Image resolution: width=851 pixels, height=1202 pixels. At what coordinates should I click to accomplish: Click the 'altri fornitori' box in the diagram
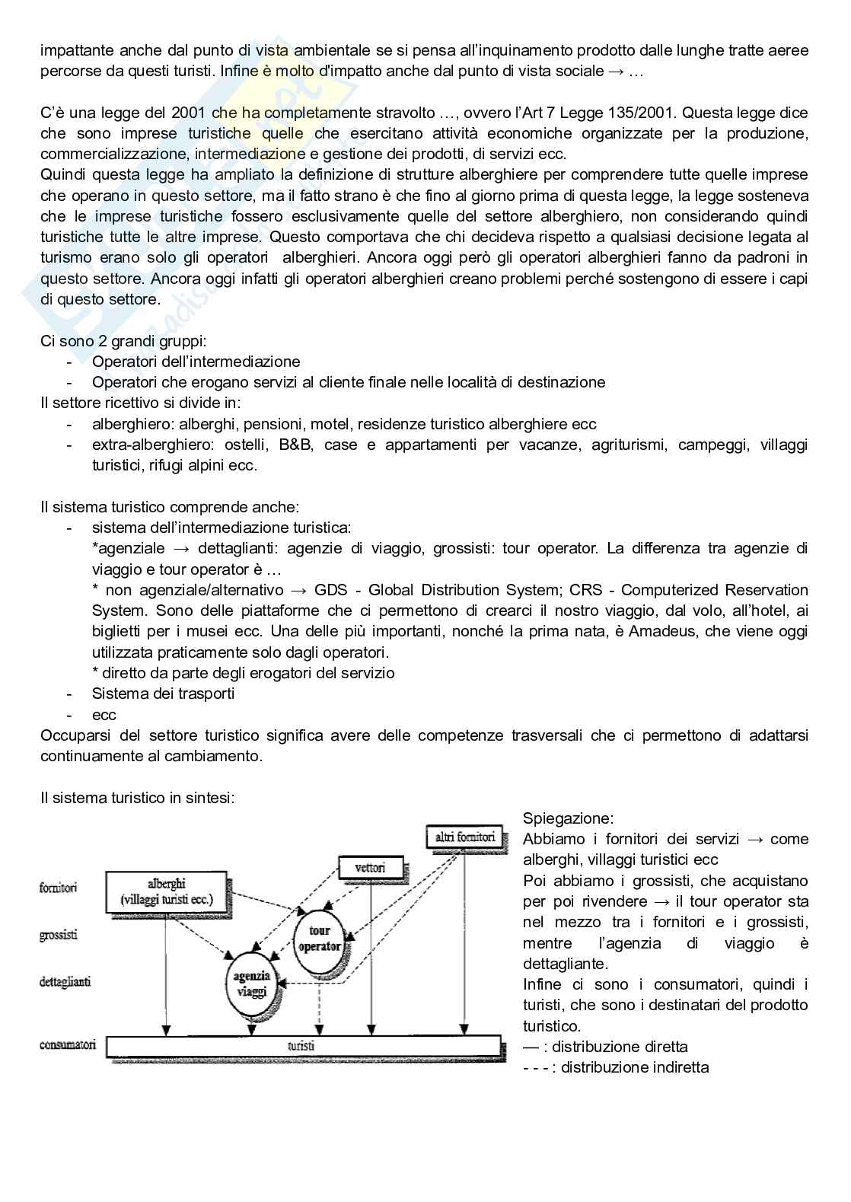464,838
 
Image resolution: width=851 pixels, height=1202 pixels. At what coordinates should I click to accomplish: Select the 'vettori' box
370,868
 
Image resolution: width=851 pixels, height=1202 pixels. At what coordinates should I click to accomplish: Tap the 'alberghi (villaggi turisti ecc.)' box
167,891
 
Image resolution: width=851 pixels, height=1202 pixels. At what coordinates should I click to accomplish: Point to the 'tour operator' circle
320,939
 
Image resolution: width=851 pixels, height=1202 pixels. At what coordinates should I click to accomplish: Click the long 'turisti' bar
304,1046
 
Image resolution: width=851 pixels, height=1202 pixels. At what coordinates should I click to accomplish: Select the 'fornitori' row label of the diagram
59,888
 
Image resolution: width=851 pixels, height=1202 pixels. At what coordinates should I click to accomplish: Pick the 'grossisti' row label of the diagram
59,935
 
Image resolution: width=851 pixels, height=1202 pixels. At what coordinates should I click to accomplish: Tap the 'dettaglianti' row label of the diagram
65,982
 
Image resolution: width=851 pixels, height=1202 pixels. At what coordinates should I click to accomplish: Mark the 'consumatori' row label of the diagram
68,1045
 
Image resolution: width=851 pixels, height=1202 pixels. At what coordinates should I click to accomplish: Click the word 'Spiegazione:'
568,818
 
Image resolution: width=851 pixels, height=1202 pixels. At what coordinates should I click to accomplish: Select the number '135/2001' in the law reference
645,113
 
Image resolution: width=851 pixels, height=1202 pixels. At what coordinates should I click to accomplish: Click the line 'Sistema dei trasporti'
163,693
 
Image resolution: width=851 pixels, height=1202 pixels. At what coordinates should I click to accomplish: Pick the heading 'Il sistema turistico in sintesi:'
138,798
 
